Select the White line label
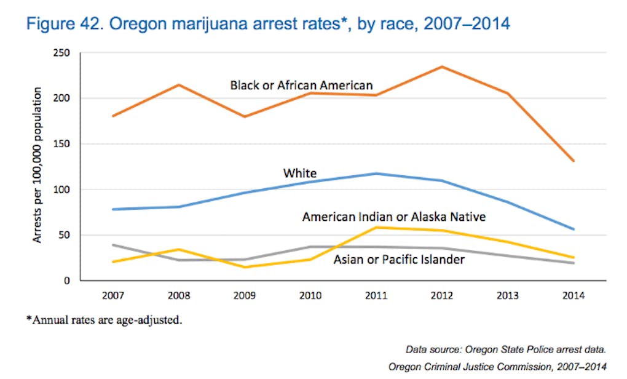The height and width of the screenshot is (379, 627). pos(299,174)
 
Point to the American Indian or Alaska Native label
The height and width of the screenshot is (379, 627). pos(393,217)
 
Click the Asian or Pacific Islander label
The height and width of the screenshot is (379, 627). pos(399,260)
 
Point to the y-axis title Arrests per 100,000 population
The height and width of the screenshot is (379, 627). pos(38,165)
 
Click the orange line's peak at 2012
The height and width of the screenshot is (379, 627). pos(442,66)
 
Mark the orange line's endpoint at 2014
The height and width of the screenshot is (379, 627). pos(573,161)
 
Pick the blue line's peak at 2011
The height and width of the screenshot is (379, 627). pos(376,174)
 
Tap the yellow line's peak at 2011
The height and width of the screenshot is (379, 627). pos(376,228)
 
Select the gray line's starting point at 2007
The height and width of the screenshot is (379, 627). pos(114,245)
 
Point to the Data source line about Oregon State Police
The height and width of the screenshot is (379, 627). pos(506,349)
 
